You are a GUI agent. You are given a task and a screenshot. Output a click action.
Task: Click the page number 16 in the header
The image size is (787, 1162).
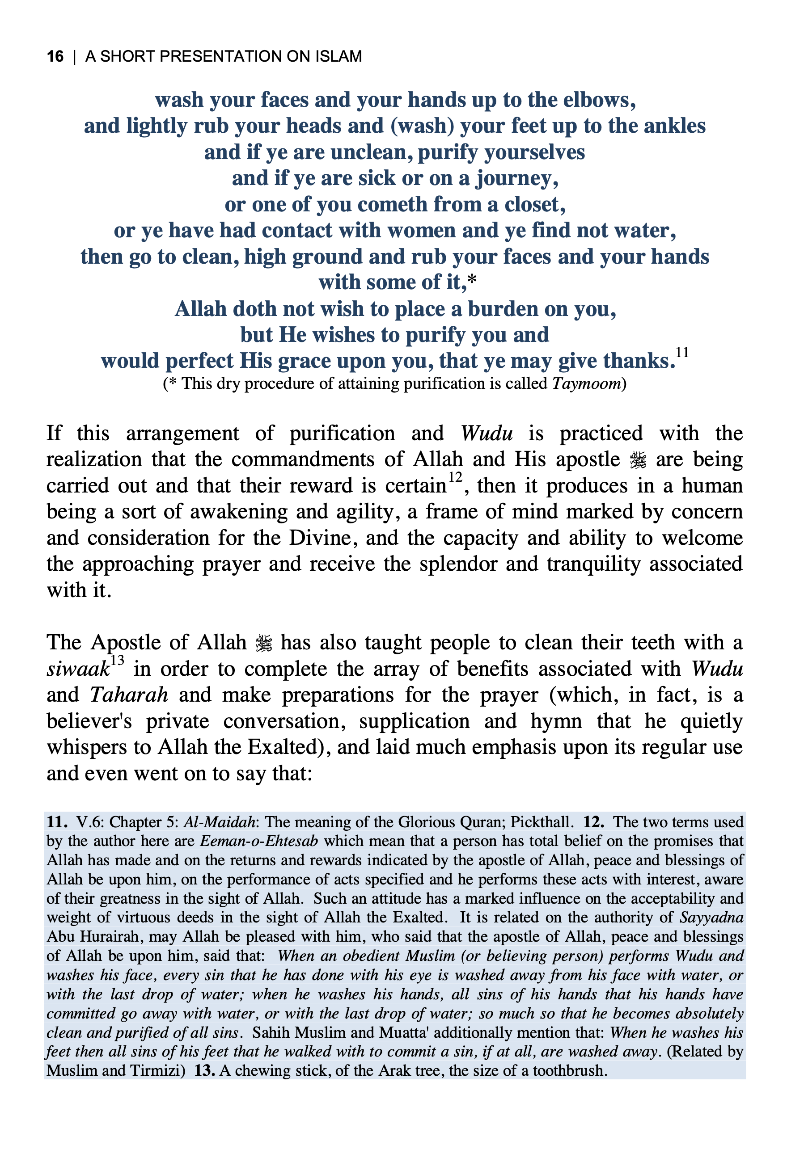click(x=55, y=56)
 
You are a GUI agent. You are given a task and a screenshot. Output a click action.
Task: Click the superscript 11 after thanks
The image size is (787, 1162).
click(x=682, y=353)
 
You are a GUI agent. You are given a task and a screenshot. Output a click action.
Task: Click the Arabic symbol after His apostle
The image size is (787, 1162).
click(x=638, y=460)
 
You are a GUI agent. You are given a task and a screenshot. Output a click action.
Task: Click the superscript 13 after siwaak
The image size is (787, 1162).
click(x=117, y=661)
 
